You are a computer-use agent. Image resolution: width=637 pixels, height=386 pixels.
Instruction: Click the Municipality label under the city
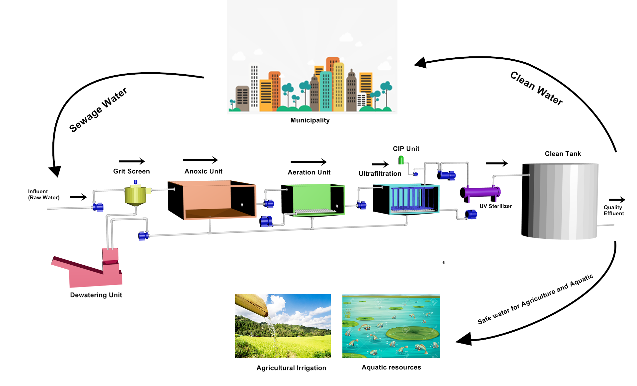click(x=310, y=120)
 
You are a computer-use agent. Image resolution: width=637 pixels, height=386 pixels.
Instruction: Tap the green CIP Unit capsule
click(x=401, y=161)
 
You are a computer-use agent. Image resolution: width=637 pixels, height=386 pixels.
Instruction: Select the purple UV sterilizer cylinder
click(x=480, y=192)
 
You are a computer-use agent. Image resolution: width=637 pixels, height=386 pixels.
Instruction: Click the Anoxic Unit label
click(x=203, y=171)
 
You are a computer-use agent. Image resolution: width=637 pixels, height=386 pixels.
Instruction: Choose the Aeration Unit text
click(x=309, y=172)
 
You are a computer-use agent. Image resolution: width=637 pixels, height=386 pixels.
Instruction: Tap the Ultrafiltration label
click(x=380, y=174)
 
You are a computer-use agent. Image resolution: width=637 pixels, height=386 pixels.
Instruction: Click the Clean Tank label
click(x=563, y=154)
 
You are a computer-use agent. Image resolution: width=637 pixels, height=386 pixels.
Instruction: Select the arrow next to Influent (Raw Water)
click(x=79, y=197)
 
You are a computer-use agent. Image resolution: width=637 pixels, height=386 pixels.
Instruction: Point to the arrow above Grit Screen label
click(x=132, y=161)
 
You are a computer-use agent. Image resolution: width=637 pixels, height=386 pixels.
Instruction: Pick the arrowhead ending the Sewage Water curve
click(x=55, y=171)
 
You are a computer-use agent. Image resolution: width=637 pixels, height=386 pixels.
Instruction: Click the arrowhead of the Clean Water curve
click(x=421, y=62)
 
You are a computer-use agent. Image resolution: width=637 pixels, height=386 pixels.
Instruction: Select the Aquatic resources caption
click(x=391, y=367)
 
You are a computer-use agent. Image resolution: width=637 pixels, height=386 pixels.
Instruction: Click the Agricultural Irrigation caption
click(x=291, y=368)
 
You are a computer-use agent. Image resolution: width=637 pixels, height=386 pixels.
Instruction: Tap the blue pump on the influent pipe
click(x=98, y=207)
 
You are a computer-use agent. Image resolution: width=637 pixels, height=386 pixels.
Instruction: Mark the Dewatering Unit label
click(x=96, y=295)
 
